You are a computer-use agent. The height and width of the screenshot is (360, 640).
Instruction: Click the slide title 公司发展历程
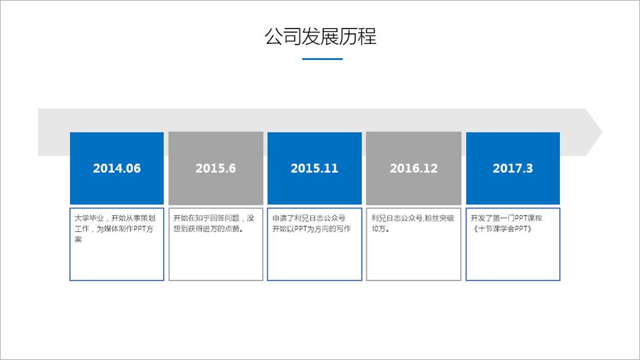click(x=321, y=36)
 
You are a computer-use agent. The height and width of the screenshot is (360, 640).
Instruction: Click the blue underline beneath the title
click(x=322, y=59)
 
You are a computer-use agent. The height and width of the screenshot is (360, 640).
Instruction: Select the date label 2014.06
click(x=117, y=168)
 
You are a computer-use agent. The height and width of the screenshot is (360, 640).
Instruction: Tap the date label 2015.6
click(x=216, y=168)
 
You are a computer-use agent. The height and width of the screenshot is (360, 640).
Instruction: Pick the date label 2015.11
click(x=314, y=168)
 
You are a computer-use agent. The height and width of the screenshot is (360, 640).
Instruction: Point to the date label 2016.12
click(x=413, y=168)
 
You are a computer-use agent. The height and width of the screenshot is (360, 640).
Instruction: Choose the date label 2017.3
click(x=513, y=168)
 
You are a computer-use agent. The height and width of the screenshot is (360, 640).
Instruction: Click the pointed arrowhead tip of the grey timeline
click(x=602, y=132)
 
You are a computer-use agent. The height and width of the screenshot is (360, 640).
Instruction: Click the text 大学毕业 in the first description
click(x=89, y=218)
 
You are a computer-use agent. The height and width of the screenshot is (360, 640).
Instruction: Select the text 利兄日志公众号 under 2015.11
click(x=319, y=218)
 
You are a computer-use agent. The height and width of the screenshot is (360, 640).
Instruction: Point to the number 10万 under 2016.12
click(x=378, y=229)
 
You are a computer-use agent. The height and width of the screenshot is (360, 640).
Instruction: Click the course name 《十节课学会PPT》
click(x=502, y=229)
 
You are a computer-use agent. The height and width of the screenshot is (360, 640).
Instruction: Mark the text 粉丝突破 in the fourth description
click(x=439, y=218)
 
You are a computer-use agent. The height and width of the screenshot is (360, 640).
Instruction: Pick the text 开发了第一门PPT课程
click(x=506, y=218)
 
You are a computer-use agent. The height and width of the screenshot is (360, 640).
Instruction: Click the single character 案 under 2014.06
click(x=78, y=239)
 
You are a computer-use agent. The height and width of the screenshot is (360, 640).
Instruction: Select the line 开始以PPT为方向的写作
click(x=312, y=229)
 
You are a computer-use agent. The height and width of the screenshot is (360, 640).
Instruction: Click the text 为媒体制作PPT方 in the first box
click(x=125, y=229)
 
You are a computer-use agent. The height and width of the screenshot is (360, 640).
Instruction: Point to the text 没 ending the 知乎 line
click(x=250, y=218)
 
